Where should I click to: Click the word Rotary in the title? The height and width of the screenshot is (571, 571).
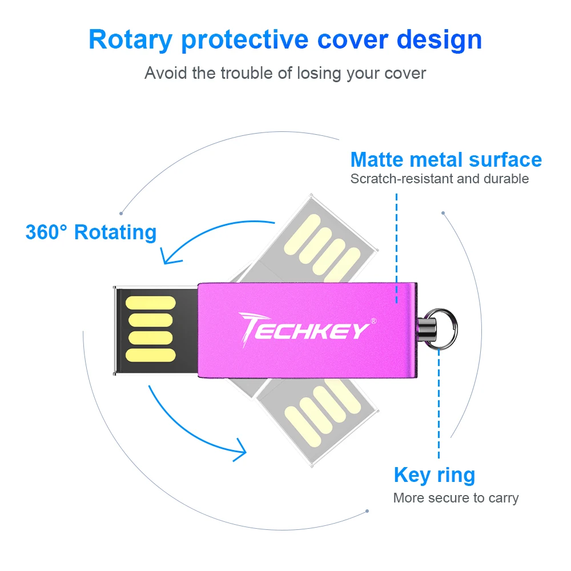(x=130, y=40)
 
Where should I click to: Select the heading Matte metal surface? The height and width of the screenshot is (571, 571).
(x=446, y=159)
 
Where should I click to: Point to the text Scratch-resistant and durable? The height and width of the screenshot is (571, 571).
(x=439, y=179)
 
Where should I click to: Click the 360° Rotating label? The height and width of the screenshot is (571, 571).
(x=91, y=232)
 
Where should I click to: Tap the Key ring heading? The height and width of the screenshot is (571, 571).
(x=434, y=475)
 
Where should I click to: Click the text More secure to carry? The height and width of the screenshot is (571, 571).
(x=456, y=498)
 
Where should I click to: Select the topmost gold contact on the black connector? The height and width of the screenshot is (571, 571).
(x=149, y=303)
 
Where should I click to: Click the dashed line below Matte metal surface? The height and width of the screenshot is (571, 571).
(x=396, y=246)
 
